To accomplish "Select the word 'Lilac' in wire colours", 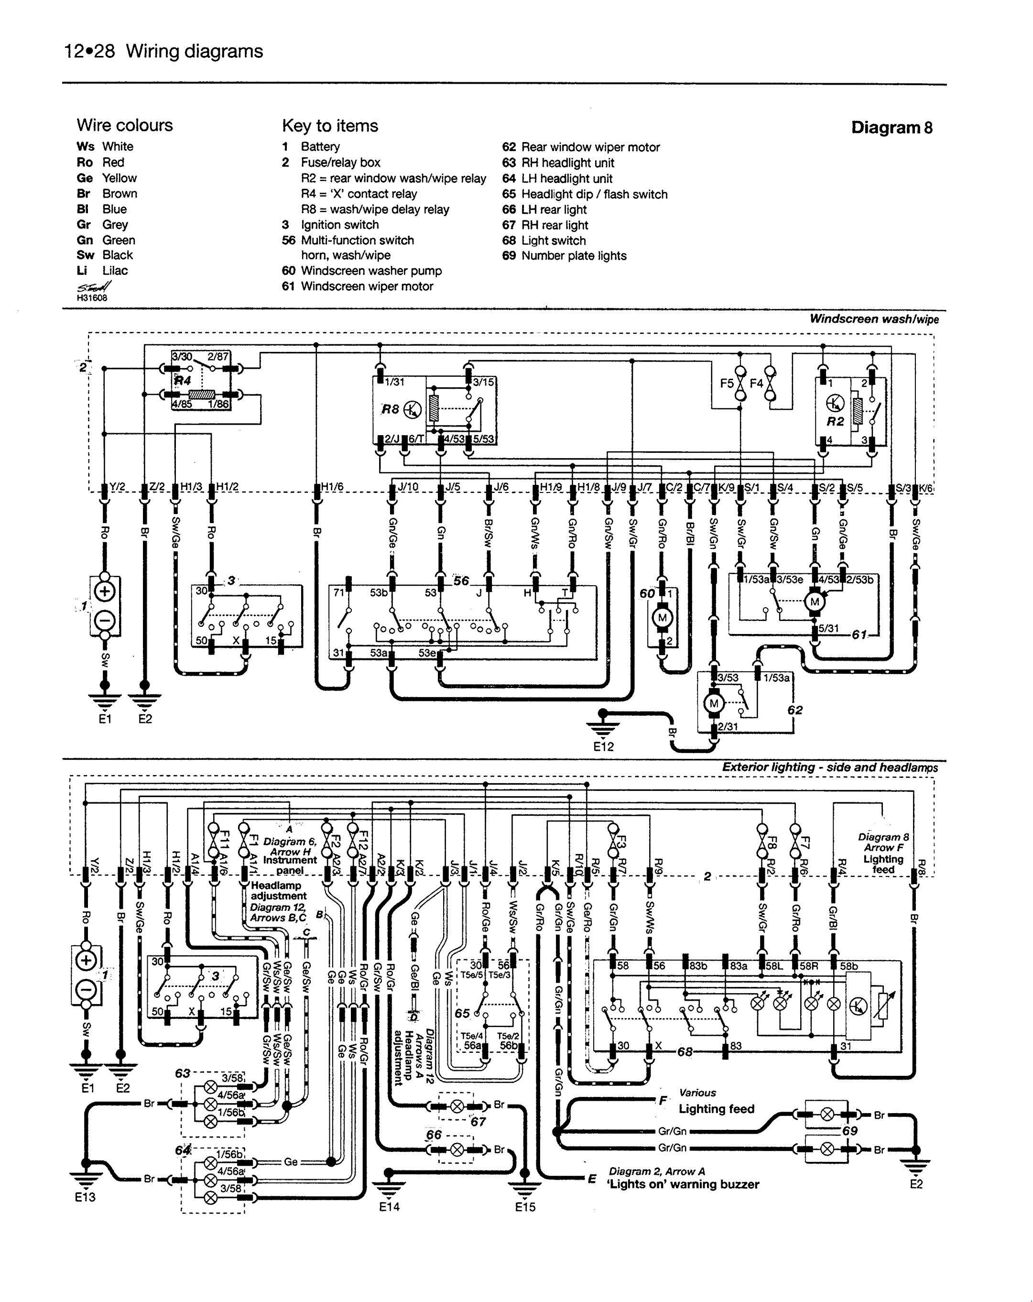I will [x=115, y=271].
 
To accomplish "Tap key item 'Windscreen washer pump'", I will [x=370, y=271].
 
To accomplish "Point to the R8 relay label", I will [x=391, y=409].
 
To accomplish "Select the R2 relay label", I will [x=835, y=422].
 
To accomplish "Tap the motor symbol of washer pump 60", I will [x=663, y=617].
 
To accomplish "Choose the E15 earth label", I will [x=525, y=1207].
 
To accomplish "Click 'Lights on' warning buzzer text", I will [x=682, y=1184].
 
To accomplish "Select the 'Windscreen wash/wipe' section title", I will [x=874, y=319].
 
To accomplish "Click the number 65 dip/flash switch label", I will [x=462, y=1013].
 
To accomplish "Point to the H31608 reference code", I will [x=92, y=297].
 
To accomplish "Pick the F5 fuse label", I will [x=727, y=383].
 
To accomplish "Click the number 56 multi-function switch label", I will [x=461, y=580].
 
